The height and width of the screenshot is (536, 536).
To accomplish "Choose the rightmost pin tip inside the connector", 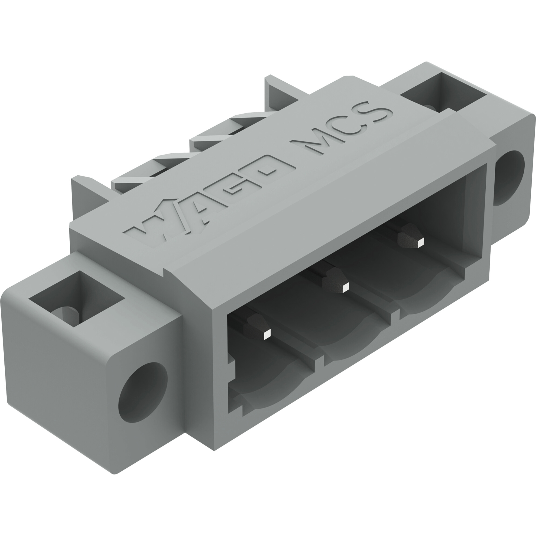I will [x=421, y=243].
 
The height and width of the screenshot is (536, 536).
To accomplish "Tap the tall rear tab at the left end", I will [x=86, y=194].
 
